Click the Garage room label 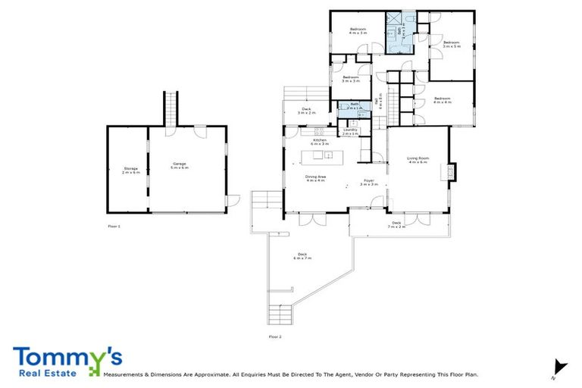point(180,165)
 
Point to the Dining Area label point(315,178)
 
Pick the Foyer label point(368,182)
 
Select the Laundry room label point(349,131)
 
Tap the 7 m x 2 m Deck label point(396,224)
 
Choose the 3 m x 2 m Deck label point(306,111)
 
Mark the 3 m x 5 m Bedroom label point(452,44)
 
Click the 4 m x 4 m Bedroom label point(442,99)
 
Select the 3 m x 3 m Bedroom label point(350,78)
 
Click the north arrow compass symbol point(559,366)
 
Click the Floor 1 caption point(114,226)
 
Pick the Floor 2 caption point(274,336)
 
